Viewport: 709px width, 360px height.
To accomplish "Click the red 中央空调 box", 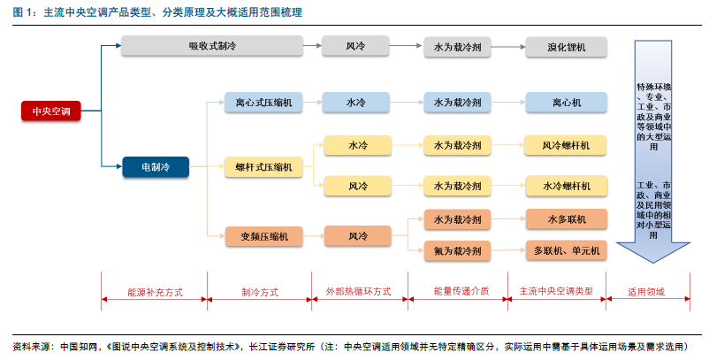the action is point(51,111).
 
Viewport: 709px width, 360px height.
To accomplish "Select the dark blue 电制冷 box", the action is point(156,167).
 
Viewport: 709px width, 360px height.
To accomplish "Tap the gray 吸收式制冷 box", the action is point(212,46).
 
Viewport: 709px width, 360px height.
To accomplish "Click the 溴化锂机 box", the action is point(566,47).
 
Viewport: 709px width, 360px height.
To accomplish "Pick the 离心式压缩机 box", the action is point(263,103).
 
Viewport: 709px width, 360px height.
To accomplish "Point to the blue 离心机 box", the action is point(566,103).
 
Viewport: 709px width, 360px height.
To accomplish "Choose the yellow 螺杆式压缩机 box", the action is point(263,167).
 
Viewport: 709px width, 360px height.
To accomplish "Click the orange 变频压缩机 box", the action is point(264,236).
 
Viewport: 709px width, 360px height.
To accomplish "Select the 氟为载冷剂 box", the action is point(457,251).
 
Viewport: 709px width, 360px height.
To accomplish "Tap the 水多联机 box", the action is point(566,219).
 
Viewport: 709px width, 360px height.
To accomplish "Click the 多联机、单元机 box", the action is point(566,250).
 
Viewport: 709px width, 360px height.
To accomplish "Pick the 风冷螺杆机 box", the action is point(566,145).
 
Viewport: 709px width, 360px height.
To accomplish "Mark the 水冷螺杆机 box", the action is point(566,186).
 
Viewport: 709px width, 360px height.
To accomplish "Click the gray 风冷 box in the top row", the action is point(355,46).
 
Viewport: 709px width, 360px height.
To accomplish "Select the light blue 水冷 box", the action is point(356,103).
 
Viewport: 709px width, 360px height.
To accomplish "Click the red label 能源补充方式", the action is point(155,292).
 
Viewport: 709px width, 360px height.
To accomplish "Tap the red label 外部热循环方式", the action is point(359,291).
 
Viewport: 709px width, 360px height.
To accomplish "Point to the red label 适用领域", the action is point(646,292).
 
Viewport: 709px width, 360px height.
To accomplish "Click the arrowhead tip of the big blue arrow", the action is point(653,263).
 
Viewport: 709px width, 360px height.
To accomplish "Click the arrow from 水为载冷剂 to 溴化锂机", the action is point(508,47).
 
